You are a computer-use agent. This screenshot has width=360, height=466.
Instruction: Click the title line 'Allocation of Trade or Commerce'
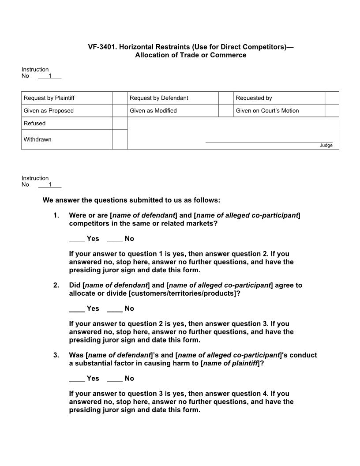click(191, 55)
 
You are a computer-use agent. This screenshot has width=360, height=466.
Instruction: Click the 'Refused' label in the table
click(34, 124)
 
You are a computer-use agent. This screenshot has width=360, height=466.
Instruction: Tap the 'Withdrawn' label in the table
click(37, 139)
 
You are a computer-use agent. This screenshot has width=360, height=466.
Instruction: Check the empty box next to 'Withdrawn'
click(120, 139)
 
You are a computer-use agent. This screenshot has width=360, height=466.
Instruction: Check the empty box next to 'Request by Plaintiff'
click(120, 98)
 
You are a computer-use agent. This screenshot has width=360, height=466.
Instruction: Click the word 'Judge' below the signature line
click(326, 146)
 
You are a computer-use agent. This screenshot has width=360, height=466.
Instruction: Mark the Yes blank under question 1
click(77, 239)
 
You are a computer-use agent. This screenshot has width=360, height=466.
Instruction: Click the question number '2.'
click(56, 286)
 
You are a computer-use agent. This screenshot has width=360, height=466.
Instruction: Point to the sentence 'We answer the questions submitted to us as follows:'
click(131, 200)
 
